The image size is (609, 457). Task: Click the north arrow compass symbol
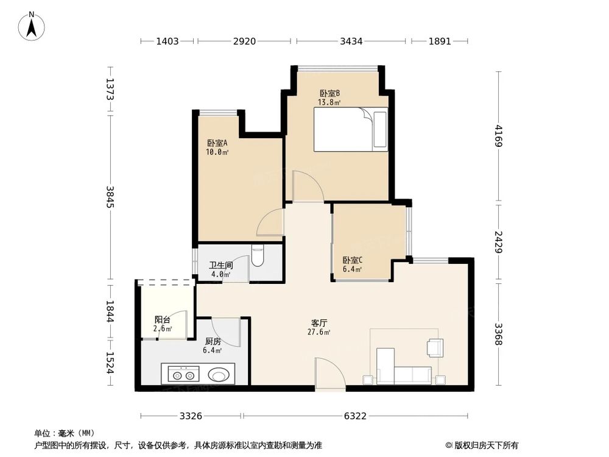coord(32,26)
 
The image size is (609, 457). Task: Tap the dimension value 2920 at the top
coord(244,41)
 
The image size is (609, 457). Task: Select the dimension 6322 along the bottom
coord(355,416)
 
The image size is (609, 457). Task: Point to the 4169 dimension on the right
coord(499,136)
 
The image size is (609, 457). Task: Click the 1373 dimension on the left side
coord(110,90)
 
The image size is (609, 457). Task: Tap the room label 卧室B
coord(329,94)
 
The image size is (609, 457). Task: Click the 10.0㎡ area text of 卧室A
coord(217,152)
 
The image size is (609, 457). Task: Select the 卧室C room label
coord(352,260)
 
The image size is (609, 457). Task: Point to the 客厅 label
coord(319,323)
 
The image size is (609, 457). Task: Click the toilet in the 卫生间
coord(257,255)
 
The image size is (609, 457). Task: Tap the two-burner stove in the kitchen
coord(183,375)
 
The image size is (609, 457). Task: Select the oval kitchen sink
coord(218,375)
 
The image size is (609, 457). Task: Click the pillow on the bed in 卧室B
coord(380,129)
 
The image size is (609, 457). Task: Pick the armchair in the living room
coord(435,347)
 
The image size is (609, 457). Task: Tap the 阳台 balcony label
coord(163,320)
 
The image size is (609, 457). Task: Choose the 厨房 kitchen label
coord(213,342)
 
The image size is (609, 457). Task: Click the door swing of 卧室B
coord(308,186)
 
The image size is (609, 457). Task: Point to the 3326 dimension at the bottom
coord(191,416)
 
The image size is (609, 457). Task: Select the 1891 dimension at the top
coord(440,41)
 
